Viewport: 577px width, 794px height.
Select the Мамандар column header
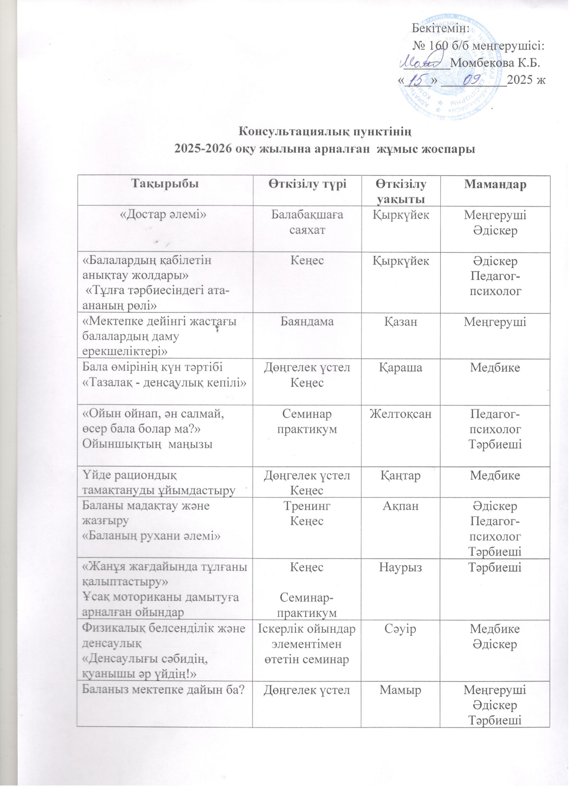[x=495, y=184]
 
